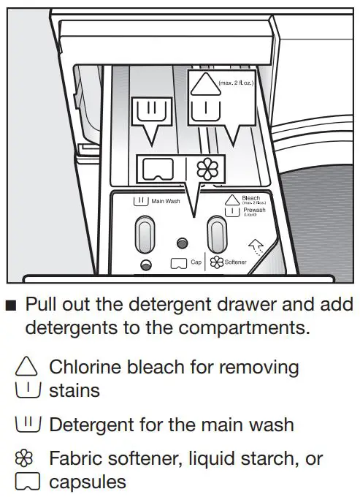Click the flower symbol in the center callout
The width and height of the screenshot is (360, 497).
click(x=207, y=169)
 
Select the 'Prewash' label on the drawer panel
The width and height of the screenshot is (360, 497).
click(x=253, y=210)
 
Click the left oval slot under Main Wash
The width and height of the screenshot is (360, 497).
click(x=145, y=234)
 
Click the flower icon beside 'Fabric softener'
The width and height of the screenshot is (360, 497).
click(x=26, y=459)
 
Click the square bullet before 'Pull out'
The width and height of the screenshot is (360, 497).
click(x=10, y=305)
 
